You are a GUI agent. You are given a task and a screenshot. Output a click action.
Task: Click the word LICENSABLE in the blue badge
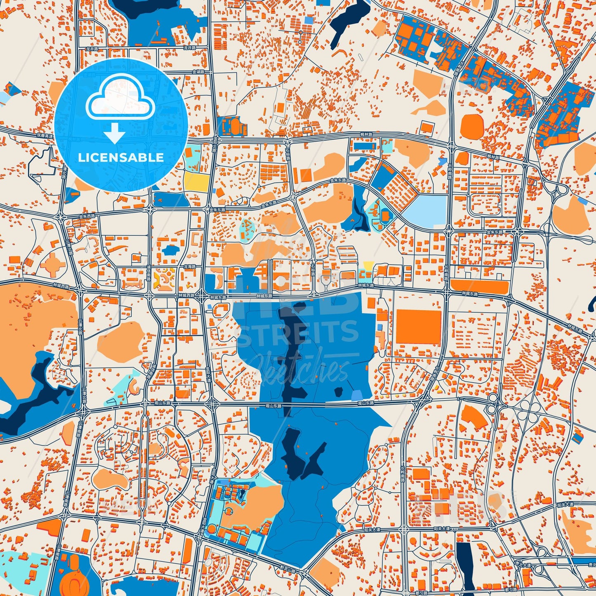[121, 158]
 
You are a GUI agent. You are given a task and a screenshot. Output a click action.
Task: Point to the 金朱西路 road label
[87, 216]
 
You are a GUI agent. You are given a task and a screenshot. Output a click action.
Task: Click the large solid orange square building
[418, 327]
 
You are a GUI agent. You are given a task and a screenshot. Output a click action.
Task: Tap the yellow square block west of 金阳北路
[196, 181]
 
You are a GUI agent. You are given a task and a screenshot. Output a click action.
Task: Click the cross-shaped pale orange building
[52, 264]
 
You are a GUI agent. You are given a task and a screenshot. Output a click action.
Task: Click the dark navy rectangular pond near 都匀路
[464, 566]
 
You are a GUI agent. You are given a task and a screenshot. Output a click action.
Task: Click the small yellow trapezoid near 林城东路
[368, 265]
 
